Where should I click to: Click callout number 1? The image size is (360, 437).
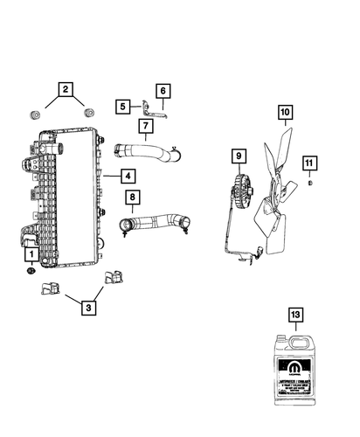pos(31,254)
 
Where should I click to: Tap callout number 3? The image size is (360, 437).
pos(87,307)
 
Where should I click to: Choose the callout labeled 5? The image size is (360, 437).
pos(124,106)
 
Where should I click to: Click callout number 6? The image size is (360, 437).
pos(163,90)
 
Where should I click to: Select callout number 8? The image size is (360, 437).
pos(131,199)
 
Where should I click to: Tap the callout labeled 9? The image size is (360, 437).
pos(236,157)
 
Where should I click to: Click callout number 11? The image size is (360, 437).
pos(311,163)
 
